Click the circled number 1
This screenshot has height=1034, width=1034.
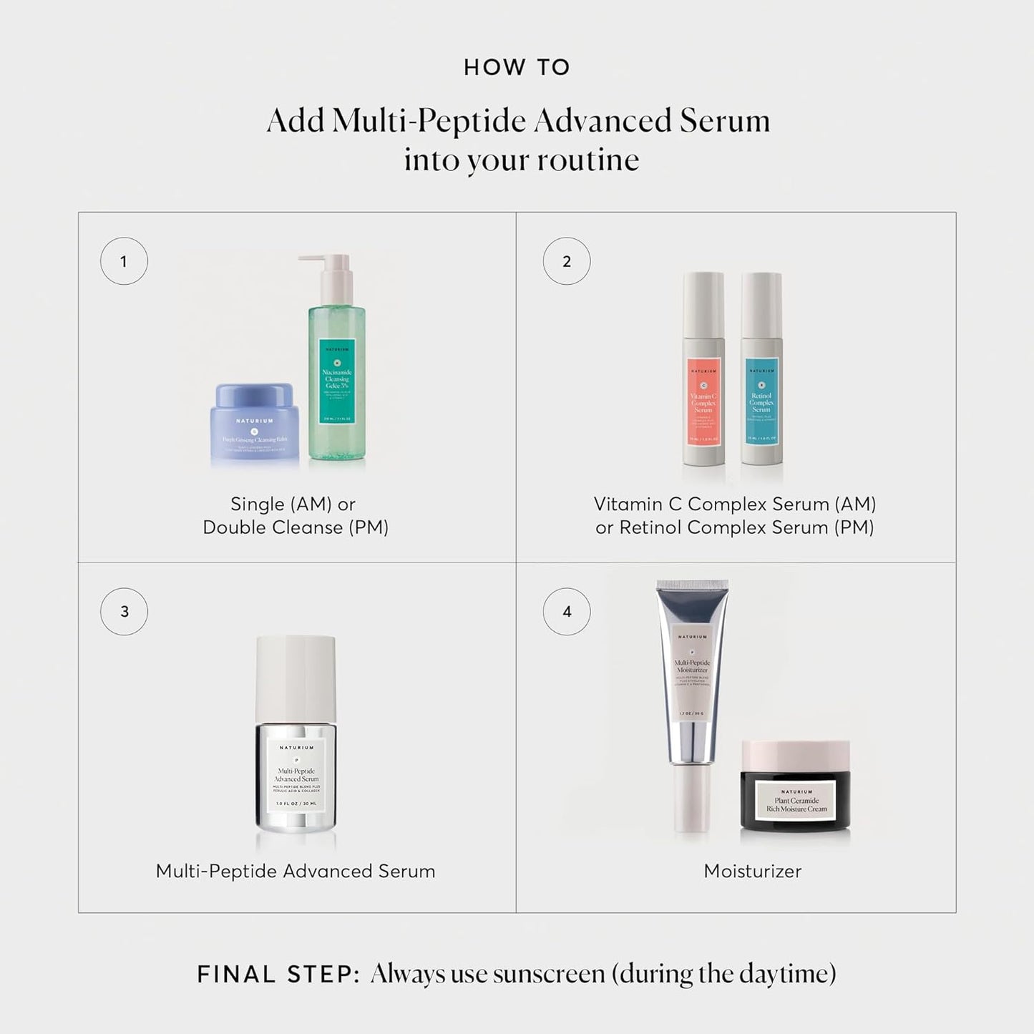click(x=124, y=261)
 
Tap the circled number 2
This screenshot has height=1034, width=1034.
click(x=567, y=261)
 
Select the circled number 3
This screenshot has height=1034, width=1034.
click(x=124, y=612)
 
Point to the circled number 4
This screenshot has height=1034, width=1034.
click(x=567, y=612)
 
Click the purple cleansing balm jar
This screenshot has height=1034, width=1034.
click(x=255, y=427)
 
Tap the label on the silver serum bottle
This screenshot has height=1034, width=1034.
click(x=296, y=776)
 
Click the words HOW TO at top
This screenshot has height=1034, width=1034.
click(x=517, y=67)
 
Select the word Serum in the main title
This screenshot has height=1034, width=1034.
click(x=725, y=120)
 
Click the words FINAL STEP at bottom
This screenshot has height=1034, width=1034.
click(x=278, y=974)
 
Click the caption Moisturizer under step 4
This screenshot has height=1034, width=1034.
click(x=753, y=871)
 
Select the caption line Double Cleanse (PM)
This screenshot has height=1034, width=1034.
click(x=296, y=527)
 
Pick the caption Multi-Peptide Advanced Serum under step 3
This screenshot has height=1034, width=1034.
click(x=296, y=871)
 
